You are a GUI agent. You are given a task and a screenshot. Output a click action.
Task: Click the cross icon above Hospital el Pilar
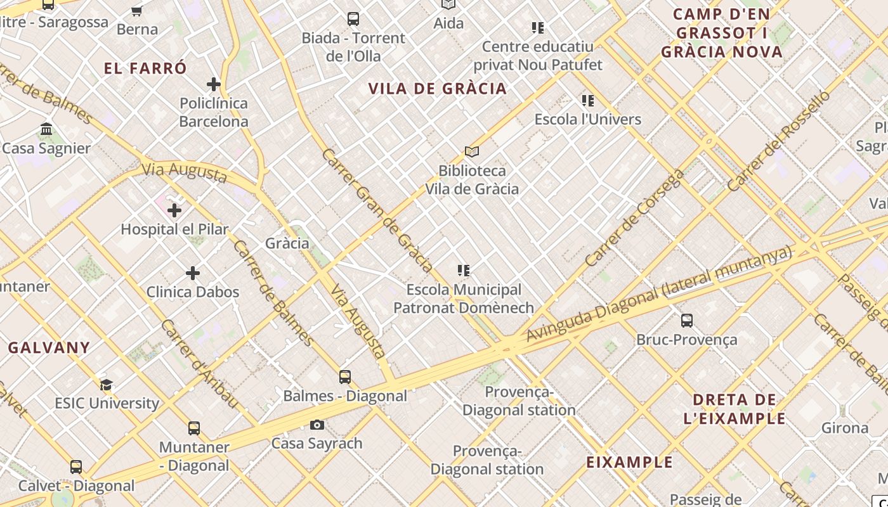174,210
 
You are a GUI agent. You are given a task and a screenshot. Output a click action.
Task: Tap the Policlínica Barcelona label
214,112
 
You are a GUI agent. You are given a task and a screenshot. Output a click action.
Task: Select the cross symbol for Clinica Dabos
193,273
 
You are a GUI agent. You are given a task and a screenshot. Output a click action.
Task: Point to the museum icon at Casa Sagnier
46,129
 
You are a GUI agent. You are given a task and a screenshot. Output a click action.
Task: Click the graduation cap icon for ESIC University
106,385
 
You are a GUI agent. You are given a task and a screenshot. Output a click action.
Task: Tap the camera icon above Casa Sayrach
317,425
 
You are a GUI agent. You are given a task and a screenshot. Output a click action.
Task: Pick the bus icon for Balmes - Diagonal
345,377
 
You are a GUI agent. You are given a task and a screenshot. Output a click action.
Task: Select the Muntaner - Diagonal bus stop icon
194,428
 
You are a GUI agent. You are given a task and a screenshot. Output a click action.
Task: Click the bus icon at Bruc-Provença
687,321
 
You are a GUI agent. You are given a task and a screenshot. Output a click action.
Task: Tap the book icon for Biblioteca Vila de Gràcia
472,151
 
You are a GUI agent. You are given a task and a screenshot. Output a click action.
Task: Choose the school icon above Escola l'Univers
588,101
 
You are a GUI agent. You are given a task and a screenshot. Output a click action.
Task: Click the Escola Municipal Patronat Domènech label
464,298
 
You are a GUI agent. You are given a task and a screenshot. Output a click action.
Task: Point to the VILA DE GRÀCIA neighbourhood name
438,89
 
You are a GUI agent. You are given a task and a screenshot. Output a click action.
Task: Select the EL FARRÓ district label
145,68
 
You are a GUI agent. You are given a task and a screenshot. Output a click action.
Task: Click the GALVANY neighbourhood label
49,347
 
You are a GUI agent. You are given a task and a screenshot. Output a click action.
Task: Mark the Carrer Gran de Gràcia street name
377,209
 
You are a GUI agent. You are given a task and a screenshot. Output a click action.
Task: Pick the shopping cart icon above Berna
136,11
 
